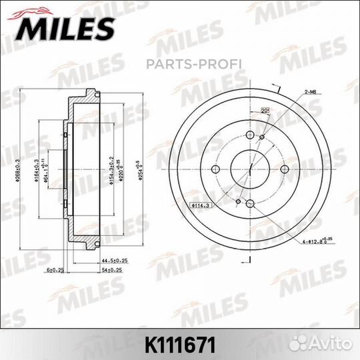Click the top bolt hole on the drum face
click(x=250, y=136)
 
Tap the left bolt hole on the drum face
click(x=215, y=169)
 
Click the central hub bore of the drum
click(x=250, y=169)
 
